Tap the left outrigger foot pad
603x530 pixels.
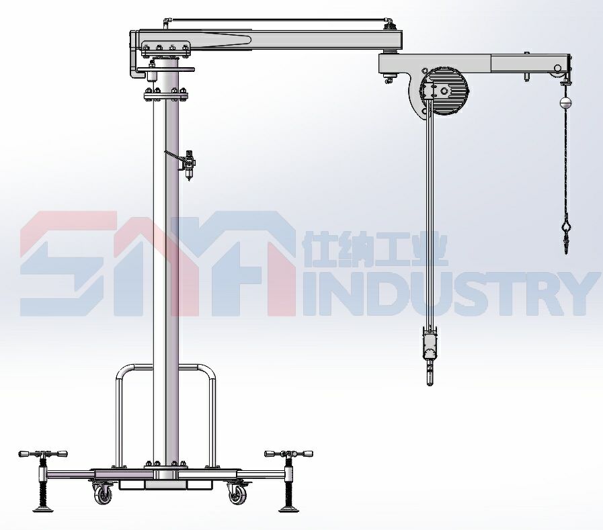(42, 510)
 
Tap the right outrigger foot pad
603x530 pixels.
(288, 510)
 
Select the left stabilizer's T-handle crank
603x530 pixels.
(42, 454)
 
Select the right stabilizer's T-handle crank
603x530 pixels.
(288, 454)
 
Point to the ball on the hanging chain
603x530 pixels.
(565, 102)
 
